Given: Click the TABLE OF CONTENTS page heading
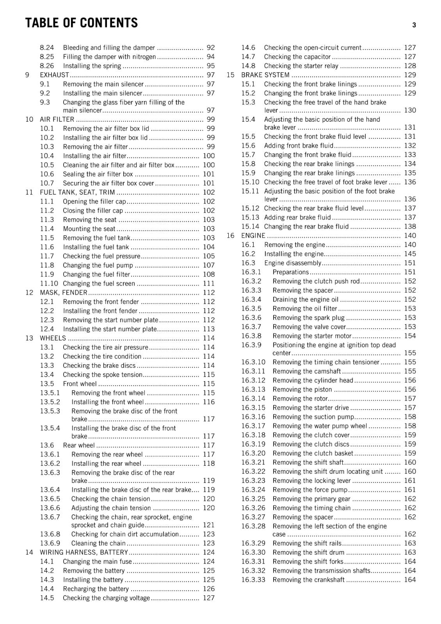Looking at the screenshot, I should point(81,23).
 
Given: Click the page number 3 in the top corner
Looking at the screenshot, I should point(414,25).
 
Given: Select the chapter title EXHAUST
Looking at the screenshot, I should point(54,75).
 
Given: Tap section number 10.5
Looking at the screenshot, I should point(47,165).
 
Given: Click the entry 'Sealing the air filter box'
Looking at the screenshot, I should point(98,174).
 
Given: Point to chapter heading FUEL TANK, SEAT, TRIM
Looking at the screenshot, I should point(77,192).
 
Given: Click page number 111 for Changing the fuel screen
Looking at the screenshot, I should point(209,284).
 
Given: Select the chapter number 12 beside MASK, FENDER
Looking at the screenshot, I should point(29,292).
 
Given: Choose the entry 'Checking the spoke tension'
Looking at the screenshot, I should point(103,375).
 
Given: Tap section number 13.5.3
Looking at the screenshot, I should point(50,411).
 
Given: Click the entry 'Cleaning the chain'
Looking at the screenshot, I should point(98,543).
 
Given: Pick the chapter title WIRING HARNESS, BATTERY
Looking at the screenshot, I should point(84,552).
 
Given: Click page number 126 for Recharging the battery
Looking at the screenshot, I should point(209,589).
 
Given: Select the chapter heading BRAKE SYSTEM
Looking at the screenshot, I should point(265,75).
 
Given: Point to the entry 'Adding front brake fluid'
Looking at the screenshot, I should point(299,145).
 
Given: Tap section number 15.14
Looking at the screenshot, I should point(250,227).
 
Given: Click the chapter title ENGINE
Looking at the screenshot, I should point(253,236).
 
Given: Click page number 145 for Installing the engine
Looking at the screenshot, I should point(410,254).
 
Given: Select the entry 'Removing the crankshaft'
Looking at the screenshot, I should point(308,580).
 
